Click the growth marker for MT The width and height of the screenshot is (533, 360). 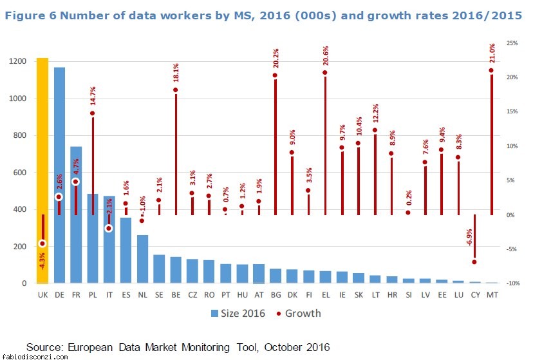click(x=491, y=71)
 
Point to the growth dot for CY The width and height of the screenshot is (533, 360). click(x=474, y=261)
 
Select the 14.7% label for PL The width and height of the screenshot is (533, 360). click(x=93, y=96)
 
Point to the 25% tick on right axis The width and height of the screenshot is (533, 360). click(x=512, y=43)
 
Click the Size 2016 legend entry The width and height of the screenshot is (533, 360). click(x=239, y=314)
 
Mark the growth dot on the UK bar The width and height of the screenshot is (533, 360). click(x=42, y=243)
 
